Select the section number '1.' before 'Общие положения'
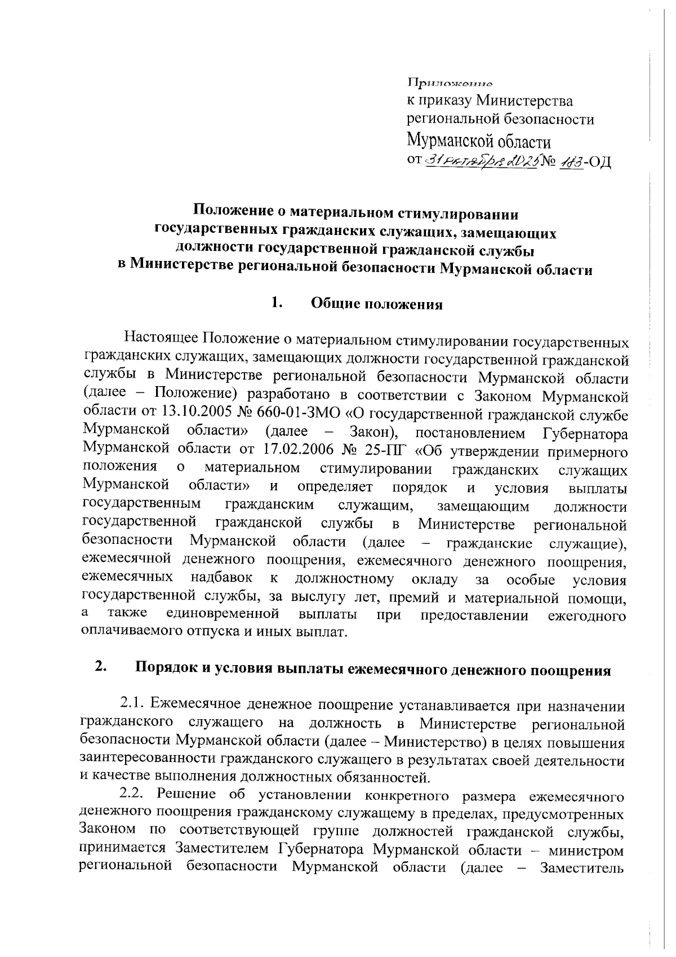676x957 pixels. pyautogui.click(x=275, y=303)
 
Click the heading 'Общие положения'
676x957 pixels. pyautogui.click(x=377, y=304)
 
